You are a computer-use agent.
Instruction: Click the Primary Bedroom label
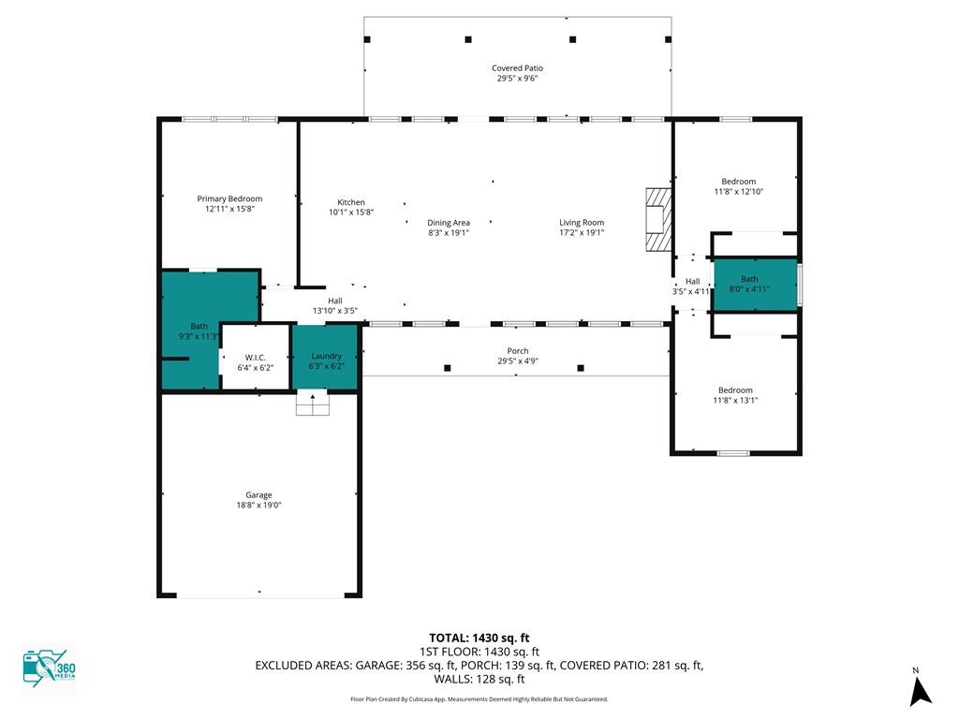229,198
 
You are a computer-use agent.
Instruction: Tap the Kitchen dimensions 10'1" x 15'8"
351,213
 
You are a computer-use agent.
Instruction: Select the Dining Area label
449,223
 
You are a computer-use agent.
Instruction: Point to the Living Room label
582,223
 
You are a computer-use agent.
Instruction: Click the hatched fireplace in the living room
658,219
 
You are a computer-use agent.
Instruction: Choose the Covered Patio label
517,67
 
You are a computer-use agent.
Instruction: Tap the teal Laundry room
325,357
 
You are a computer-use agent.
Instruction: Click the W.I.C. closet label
255,358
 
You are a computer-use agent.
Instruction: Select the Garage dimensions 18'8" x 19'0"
258,505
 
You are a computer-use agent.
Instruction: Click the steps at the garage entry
313,404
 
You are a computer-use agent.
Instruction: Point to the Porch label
517,351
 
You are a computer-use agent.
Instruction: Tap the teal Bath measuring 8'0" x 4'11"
756,285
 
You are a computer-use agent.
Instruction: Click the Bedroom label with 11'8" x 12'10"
738,182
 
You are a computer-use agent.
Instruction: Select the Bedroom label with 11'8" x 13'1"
735,390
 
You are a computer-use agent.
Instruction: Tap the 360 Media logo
49,668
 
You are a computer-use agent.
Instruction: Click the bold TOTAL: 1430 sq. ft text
479,638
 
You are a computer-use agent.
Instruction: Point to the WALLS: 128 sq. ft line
479,679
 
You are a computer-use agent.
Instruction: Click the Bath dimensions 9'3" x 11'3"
199,336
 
